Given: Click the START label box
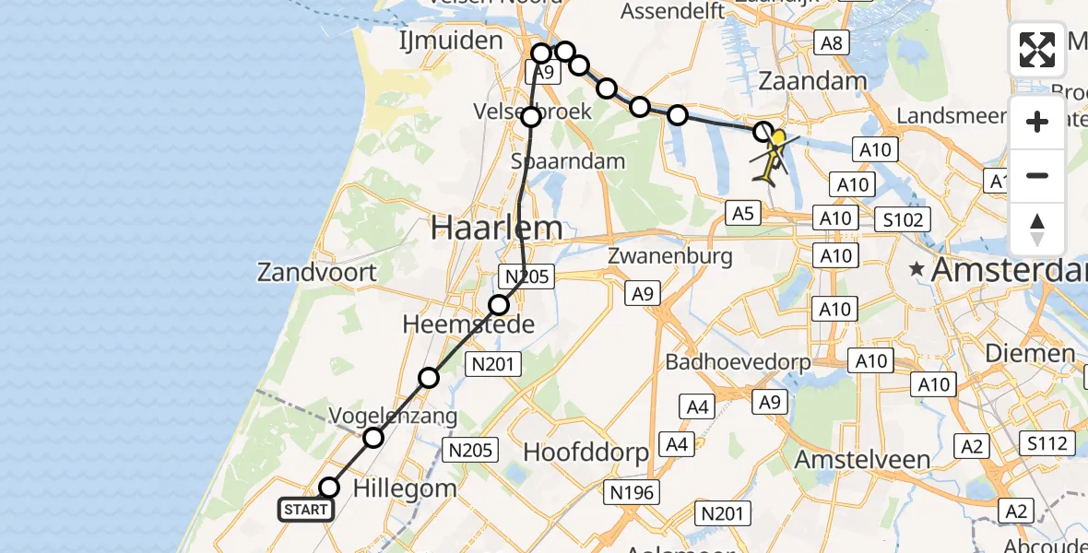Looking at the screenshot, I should coord(305,510).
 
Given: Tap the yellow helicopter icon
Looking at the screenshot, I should coord(773,155).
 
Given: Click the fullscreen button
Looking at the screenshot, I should coord(1037,50).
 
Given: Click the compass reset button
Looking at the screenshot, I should coord(1037,229).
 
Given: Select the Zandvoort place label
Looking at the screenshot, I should coord(317,273).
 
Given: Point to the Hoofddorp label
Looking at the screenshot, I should coord(586,452).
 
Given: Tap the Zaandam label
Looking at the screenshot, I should coord(812,81).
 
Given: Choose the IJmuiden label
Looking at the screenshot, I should coord(450,41).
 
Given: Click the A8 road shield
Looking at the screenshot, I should coord(831,42).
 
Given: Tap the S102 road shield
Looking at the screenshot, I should coord(905,219).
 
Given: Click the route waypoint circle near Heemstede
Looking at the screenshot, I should coord(499,305).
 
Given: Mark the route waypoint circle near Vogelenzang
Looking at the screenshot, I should coord(373,438).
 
